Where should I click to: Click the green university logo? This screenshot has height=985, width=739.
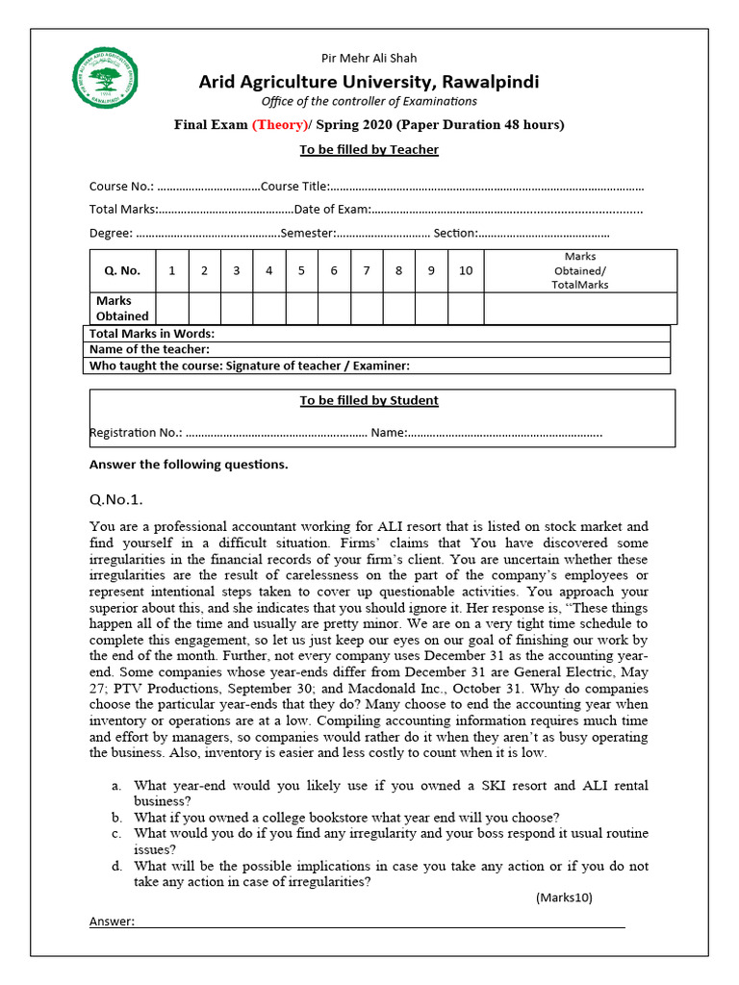pyautogui.click(x=107, y=77)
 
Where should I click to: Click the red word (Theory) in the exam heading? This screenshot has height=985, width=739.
pyautogui.click(x=281, y=125)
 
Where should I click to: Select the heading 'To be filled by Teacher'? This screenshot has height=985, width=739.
pyautogui.click(x=369, y=149)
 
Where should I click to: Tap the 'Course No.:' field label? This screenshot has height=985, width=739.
pyautogui.click(x=122, y=187)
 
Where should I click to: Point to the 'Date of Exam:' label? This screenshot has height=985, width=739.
pyautogui.click(x=332, y=209)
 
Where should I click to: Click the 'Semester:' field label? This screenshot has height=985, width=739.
pyautogui.click(x=307, y=233)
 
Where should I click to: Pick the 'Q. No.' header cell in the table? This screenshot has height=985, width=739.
pyautogui.click(x=122, y=271)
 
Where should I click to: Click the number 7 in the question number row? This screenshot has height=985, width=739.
pyautogui.click(x=367, y=271)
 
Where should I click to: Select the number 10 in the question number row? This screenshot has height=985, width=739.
pyautogui.click(x=466, y=271)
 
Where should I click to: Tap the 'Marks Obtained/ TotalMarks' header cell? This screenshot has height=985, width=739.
pyautogui.click(x=580, y=271)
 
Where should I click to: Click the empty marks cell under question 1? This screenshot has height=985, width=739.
pyautogui.click(x=172, y=308)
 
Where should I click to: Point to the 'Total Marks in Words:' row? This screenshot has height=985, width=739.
pyautogui.click(x=151, y=333)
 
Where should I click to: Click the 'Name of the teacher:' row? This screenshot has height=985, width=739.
pyautogui.click(x=149, y=349)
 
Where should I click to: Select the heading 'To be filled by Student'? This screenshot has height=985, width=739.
pyautogui.click(x=369, y=400)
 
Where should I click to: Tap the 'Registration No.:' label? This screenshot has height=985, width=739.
pyautogui.click(x=136, y=433)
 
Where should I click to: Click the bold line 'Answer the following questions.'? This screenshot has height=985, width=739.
pyautogui.click(x=189, y=465)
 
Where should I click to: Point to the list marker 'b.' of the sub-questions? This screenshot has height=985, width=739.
pyautogui.click(x=116, y=817)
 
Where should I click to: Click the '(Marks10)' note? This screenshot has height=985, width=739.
pyautogui.click(x=564, y=897)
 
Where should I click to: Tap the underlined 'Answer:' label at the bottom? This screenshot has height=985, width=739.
pyautogui.click(x=112, y=922)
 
